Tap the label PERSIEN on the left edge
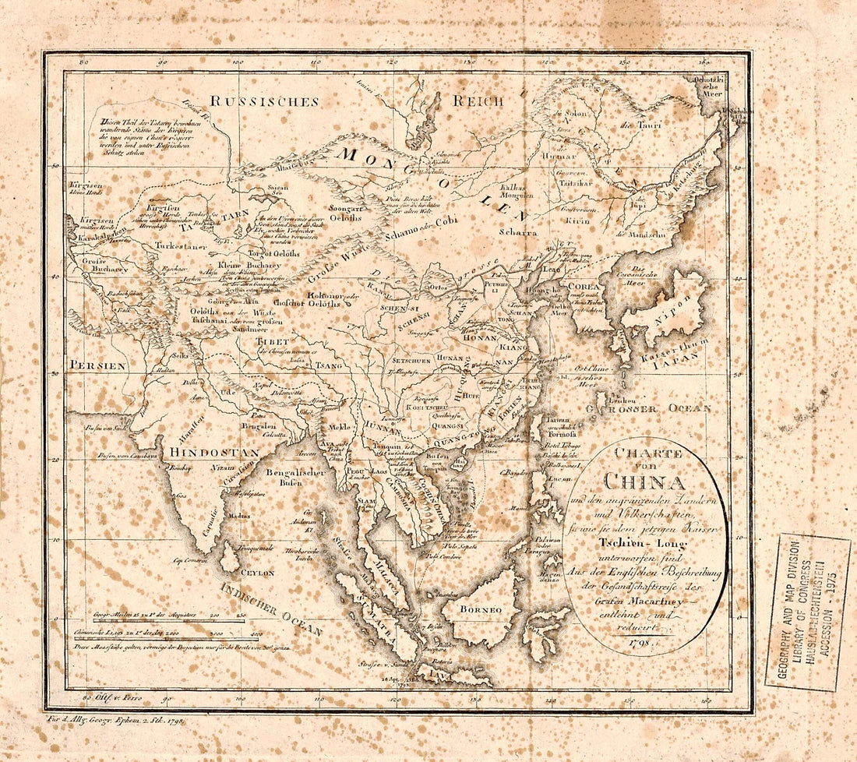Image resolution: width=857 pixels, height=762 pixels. [x=96, y=364]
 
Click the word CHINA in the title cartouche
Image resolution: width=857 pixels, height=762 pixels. [x=644, y=482]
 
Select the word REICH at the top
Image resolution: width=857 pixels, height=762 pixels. [x=477, y=101]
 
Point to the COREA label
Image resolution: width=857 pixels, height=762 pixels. [x=584, y=286]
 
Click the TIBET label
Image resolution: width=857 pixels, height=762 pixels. [x=274, y=341]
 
